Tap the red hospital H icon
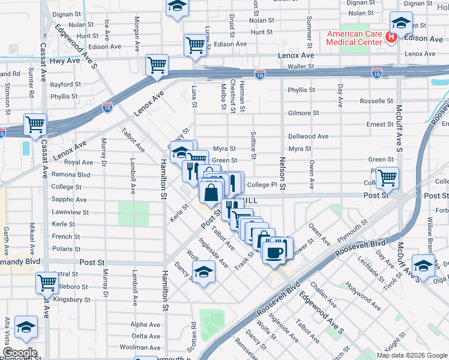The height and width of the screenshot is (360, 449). click(x=391, y=38)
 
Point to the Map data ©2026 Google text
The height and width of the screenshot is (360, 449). click(x=411, y=355)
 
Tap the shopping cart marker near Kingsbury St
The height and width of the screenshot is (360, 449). click(x=47, y=282)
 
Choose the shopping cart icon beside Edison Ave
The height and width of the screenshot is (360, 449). click(x=195, y=45)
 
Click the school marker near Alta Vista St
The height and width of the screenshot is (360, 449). click(x=26, y=326)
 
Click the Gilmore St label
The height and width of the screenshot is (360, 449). click(x=303, y=113)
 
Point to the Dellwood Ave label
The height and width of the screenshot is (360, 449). click(x=308, y=136)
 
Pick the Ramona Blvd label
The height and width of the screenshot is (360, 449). click(x=71, y=175)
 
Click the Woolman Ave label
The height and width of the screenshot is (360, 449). click(x=139, y=347)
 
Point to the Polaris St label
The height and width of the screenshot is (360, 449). click(x=66, y=248)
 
